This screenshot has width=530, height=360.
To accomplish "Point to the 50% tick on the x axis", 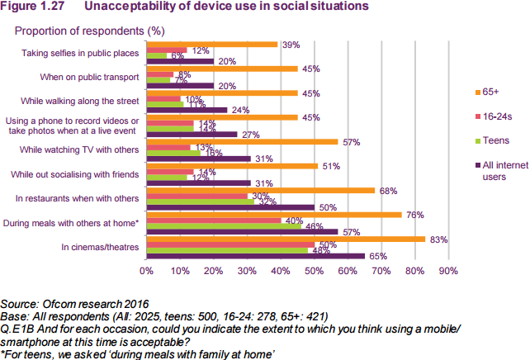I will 314,270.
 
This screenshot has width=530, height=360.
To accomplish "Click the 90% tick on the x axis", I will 447,270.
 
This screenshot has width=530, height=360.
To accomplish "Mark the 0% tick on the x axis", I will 146,270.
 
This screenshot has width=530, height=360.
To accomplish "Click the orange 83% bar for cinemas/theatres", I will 285,239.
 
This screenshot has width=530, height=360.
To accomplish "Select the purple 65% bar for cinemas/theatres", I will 255,256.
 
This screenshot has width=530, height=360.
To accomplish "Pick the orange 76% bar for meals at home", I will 273,215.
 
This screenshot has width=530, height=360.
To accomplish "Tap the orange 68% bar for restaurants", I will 260,190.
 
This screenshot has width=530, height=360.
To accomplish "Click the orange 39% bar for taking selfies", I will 211,45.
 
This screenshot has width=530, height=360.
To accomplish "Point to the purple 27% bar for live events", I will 191,134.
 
